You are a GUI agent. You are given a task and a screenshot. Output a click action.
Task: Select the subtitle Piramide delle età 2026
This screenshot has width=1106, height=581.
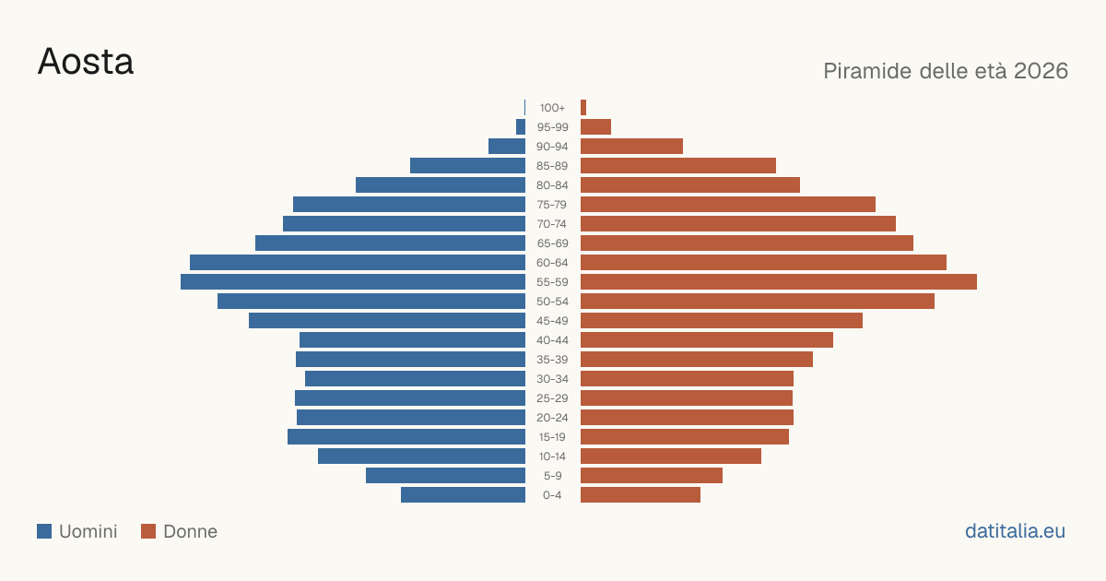[x=946, y=71]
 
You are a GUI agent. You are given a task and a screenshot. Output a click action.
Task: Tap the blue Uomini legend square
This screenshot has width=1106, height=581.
[x=44, y=531]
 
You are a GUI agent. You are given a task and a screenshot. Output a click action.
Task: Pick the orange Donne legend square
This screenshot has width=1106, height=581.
[x=148, y=531]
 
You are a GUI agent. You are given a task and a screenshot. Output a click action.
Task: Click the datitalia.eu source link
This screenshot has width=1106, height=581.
[x=1015, y=531]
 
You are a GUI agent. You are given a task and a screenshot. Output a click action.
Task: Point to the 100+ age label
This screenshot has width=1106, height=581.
[x=552, y=108]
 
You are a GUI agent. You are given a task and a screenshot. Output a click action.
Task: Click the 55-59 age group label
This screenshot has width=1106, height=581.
[x=552, y=282]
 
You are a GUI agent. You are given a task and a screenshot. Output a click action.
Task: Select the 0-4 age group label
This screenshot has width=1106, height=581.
[x=552, y=495]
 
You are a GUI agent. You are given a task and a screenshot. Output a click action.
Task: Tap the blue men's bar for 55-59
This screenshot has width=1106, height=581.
[x=353, y=282]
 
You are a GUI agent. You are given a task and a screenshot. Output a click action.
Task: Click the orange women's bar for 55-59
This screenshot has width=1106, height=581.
[x=779, y=282]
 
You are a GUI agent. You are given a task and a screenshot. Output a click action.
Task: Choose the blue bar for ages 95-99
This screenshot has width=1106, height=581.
[x=521, y=127]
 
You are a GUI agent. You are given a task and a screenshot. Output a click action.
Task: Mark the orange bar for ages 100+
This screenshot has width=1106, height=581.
[x=583, y=108]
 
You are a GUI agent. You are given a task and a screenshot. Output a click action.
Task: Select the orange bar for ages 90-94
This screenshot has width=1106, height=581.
[x=631, y=147]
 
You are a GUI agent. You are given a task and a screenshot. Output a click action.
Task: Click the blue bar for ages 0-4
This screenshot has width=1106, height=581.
[x=463, y=495]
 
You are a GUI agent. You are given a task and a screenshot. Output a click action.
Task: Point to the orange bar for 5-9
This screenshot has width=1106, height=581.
[x=652, y=476]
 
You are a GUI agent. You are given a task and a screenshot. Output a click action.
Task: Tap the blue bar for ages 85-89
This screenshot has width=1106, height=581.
[x=467, y=165]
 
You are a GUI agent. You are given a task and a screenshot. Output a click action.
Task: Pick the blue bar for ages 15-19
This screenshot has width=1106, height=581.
[x=406, y=437]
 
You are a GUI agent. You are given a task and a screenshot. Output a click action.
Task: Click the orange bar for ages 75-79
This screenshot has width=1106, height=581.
[x=728, y=205]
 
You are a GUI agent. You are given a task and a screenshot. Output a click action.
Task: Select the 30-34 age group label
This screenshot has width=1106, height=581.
[x=552, y=379]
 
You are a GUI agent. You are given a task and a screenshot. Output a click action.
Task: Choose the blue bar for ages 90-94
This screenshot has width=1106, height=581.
[x=507, y=147]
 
